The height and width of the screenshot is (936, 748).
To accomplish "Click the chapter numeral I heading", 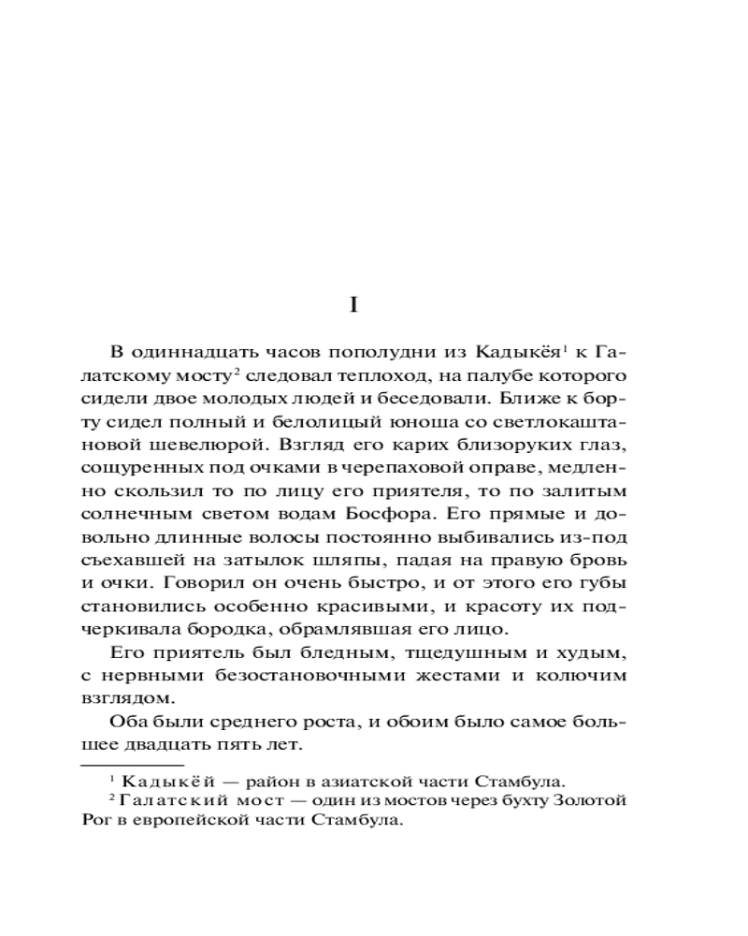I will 353,305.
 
